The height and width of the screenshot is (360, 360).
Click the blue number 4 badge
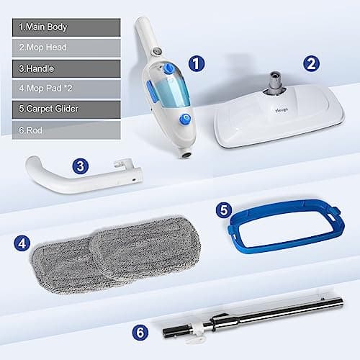pyautogui.click(x=22, y=243)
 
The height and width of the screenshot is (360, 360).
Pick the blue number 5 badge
pyautogui.click(x=225, y=211)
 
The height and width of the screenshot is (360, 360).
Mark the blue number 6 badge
pyautogui.click(x=142, y=312)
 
